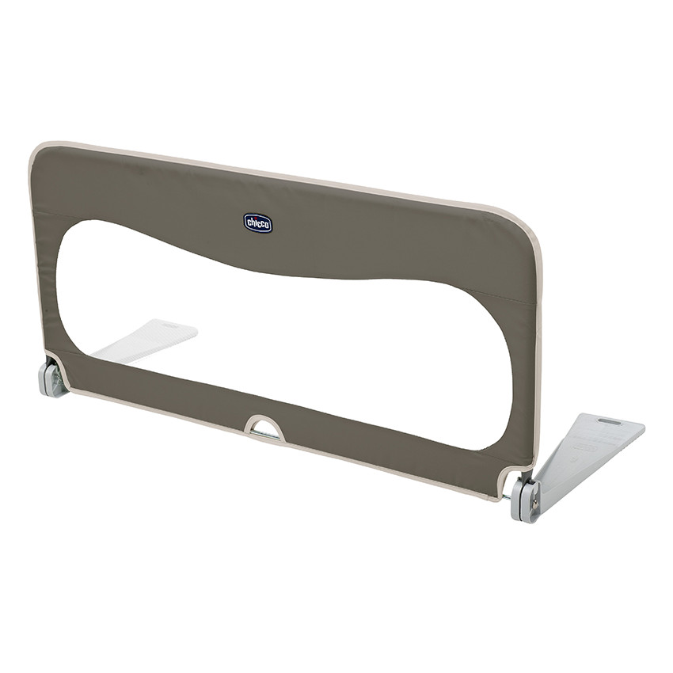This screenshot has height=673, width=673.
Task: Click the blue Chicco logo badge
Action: [257, 222]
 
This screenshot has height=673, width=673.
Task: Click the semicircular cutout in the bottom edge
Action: [264, 428]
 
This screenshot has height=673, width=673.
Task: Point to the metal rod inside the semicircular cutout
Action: [265, 435]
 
